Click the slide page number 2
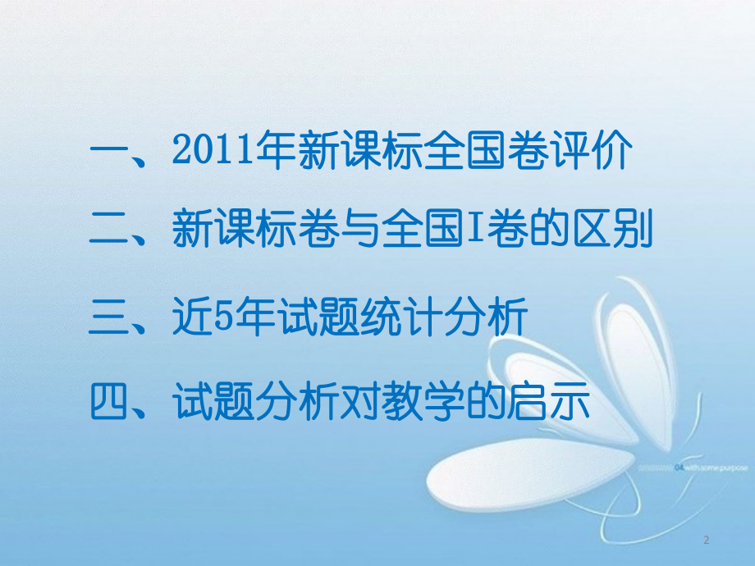pyautogui.click(x=707, y=540)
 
